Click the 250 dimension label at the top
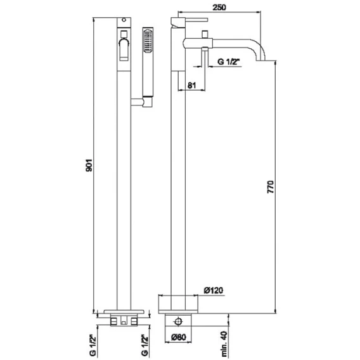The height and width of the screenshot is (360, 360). click(x=219, y=7)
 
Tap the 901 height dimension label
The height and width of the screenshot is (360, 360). click(x=89, y=165)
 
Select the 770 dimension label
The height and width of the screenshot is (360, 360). click(x=271, y=187)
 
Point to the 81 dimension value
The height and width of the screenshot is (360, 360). click(x=191, y=85)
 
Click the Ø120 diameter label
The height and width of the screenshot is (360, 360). click(x=214, y=290)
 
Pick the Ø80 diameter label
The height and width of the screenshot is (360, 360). click(x=179, y=337)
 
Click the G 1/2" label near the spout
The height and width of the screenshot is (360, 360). click(x=228, y=61)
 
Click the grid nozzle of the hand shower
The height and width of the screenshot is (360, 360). click(x=148, y=40)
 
